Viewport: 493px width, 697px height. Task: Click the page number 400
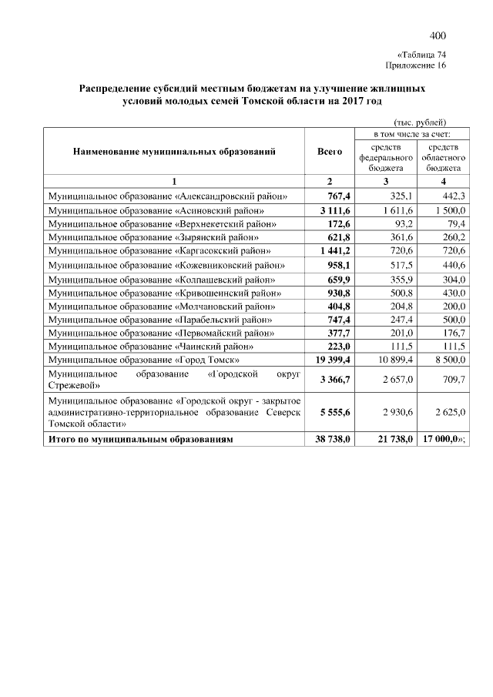438,35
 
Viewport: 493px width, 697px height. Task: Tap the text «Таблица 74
421,55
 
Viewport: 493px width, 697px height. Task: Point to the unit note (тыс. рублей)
420,122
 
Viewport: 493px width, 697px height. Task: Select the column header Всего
329,152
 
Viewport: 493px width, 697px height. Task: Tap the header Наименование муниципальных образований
174,152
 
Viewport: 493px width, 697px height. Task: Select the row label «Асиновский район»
156,209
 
